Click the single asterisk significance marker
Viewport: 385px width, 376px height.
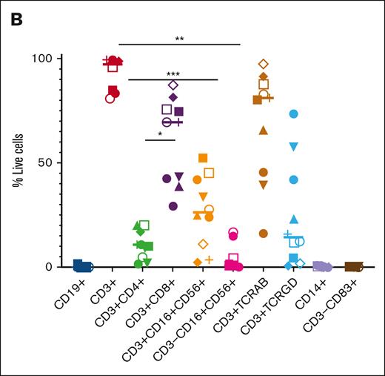tap(159, 134)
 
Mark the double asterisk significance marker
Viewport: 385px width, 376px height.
tap(180, 39)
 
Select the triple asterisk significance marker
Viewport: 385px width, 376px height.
tap(173, 74)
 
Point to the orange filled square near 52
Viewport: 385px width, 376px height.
tap(203, 157)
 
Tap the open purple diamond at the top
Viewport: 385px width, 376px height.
tap(173, 85)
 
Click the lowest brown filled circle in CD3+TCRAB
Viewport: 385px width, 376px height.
tap(263, 234)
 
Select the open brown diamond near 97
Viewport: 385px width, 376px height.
tap(263, 65)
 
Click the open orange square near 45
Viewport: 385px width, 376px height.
tap(209, 173)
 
